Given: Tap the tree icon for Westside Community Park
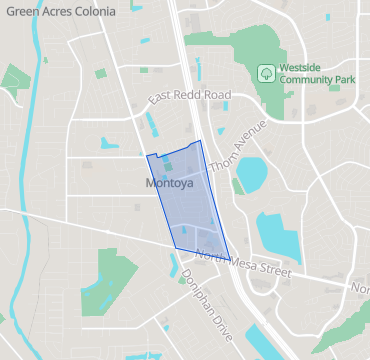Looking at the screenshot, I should (x=266, y=72).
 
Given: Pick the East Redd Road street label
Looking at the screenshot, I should (x=189, y=96).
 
